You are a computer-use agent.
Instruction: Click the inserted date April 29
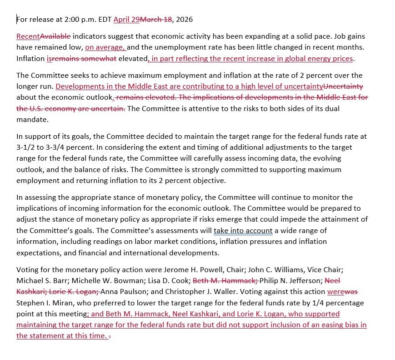126,19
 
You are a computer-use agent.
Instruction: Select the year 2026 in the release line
184,19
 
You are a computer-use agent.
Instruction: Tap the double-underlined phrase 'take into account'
243,230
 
